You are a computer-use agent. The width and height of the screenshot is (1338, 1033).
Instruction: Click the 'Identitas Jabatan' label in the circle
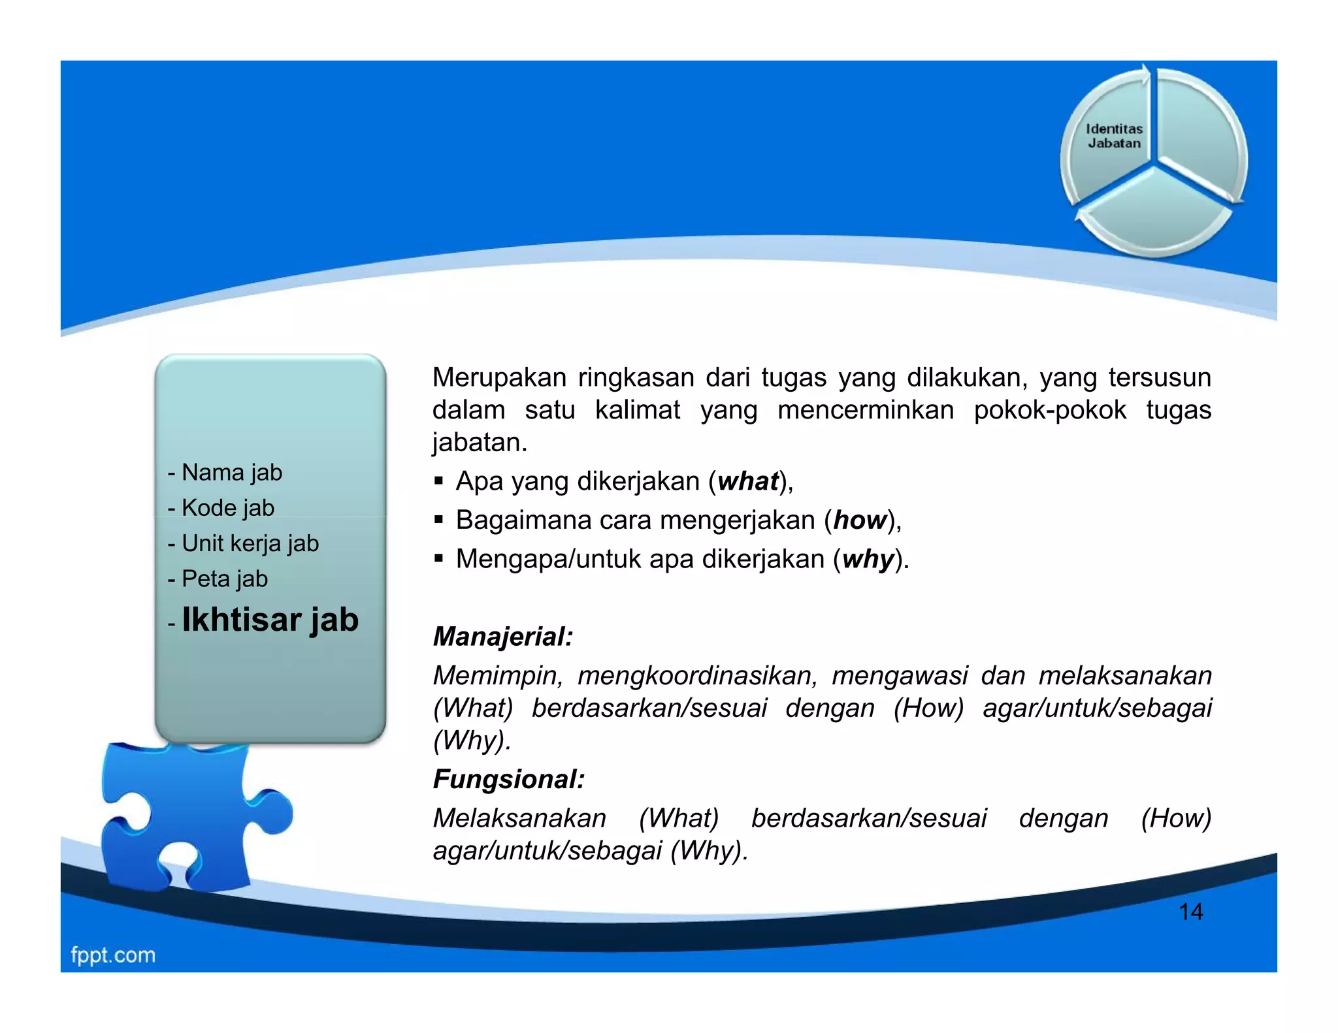(x=1114, y=136)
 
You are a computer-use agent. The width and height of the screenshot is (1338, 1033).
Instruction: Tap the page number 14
(x=1190, y=912)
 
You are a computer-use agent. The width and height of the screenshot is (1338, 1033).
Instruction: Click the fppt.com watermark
(x=113, y=955)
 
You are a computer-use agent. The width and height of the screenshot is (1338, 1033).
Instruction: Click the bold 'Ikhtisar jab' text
(x=270, y=620)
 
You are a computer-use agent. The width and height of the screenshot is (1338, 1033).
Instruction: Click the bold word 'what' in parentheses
(x=748, y=481)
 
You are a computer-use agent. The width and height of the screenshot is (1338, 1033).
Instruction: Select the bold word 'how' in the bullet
(x=860, y=520)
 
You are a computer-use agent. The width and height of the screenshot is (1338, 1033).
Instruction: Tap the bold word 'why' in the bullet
(x=868, y=560)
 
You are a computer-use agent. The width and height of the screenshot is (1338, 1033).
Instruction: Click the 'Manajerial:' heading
(x=503, y=637)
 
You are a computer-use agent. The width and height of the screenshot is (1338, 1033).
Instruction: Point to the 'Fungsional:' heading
(x=509, y=779)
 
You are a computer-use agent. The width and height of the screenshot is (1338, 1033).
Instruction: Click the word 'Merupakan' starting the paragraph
(x=499, y=378)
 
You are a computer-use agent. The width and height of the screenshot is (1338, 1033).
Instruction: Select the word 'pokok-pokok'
(x=1049, y=410)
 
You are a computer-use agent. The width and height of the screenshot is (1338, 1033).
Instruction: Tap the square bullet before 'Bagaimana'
(x=439, y=520)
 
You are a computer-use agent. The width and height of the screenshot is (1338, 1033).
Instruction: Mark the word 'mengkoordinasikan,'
(x=697, y=675)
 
